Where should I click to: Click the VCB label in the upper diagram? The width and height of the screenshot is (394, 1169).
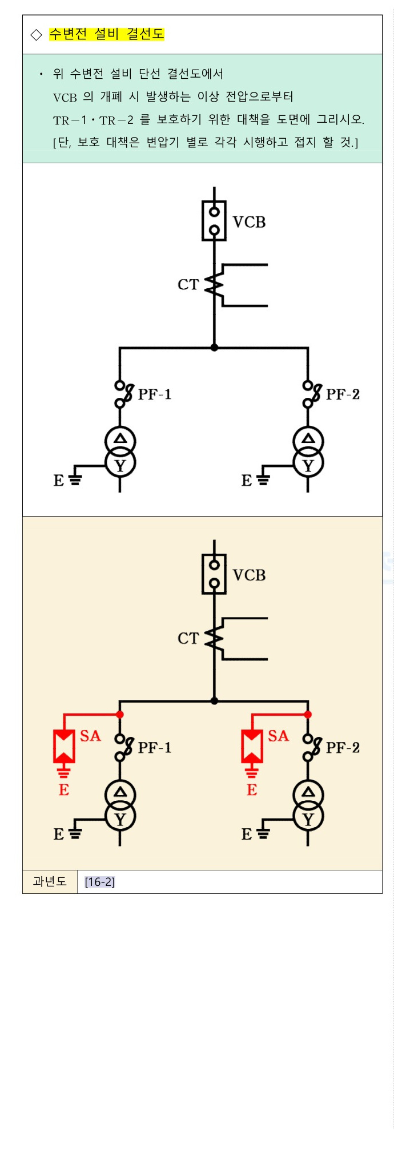coord(249,222)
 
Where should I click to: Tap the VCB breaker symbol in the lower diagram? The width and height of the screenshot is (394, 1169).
coord(214,574)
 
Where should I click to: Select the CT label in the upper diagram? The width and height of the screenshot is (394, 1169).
coord(188,284)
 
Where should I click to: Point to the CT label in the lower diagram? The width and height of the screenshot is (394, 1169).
coord(188,638)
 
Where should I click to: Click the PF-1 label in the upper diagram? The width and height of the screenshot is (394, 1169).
coord(155,394)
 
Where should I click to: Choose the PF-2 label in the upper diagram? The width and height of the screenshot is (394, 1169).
coord(343,394)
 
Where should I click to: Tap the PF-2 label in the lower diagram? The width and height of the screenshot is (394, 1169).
coord(343,748)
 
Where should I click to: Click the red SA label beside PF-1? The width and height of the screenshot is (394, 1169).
coord(90,736)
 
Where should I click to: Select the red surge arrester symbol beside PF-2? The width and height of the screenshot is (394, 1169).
coord(252,747)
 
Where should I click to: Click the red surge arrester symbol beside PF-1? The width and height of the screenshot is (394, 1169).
coord(64,747)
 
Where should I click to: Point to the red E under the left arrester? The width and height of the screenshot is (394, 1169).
coord(64,790)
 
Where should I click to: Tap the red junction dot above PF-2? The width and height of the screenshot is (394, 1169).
coord(308,715)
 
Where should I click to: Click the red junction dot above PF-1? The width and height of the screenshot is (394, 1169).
coord(120,715)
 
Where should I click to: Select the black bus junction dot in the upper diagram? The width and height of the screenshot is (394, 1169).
coord(214,348)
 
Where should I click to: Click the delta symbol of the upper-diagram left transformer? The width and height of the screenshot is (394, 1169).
coord(120,439)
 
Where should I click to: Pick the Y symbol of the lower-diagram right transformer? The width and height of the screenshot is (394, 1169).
coord(308,820)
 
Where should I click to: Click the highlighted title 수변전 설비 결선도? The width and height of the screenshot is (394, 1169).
coord(107,34)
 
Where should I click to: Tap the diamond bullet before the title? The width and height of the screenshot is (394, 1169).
coord(37,35)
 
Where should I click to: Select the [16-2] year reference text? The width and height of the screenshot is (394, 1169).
coord(100,882)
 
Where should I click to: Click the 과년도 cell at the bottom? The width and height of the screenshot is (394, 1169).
coord(50,882)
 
